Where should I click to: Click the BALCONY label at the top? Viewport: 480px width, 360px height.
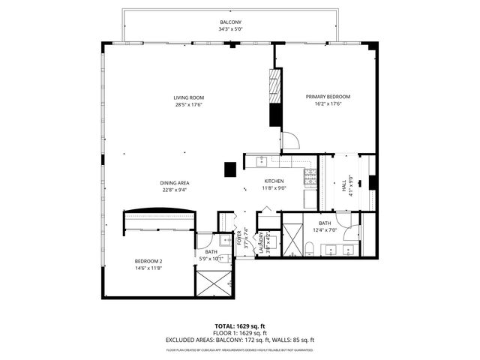230,23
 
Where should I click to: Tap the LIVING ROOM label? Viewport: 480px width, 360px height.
189,97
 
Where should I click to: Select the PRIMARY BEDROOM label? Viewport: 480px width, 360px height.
328,97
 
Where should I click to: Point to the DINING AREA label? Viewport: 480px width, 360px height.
173,183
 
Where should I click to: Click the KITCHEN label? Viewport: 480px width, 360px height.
274,181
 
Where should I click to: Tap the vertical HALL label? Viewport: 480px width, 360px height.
344,184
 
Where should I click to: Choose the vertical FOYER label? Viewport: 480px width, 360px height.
240,239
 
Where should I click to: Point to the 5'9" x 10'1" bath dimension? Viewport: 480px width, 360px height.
212,258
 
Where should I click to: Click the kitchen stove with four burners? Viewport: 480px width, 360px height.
310,177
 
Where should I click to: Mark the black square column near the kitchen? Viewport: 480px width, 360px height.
229,169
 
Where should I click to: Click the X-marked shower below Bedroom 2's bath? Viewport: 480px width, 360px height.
215,284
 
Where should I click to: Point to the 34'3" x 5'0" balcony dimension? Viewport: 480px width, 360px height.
230,30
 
